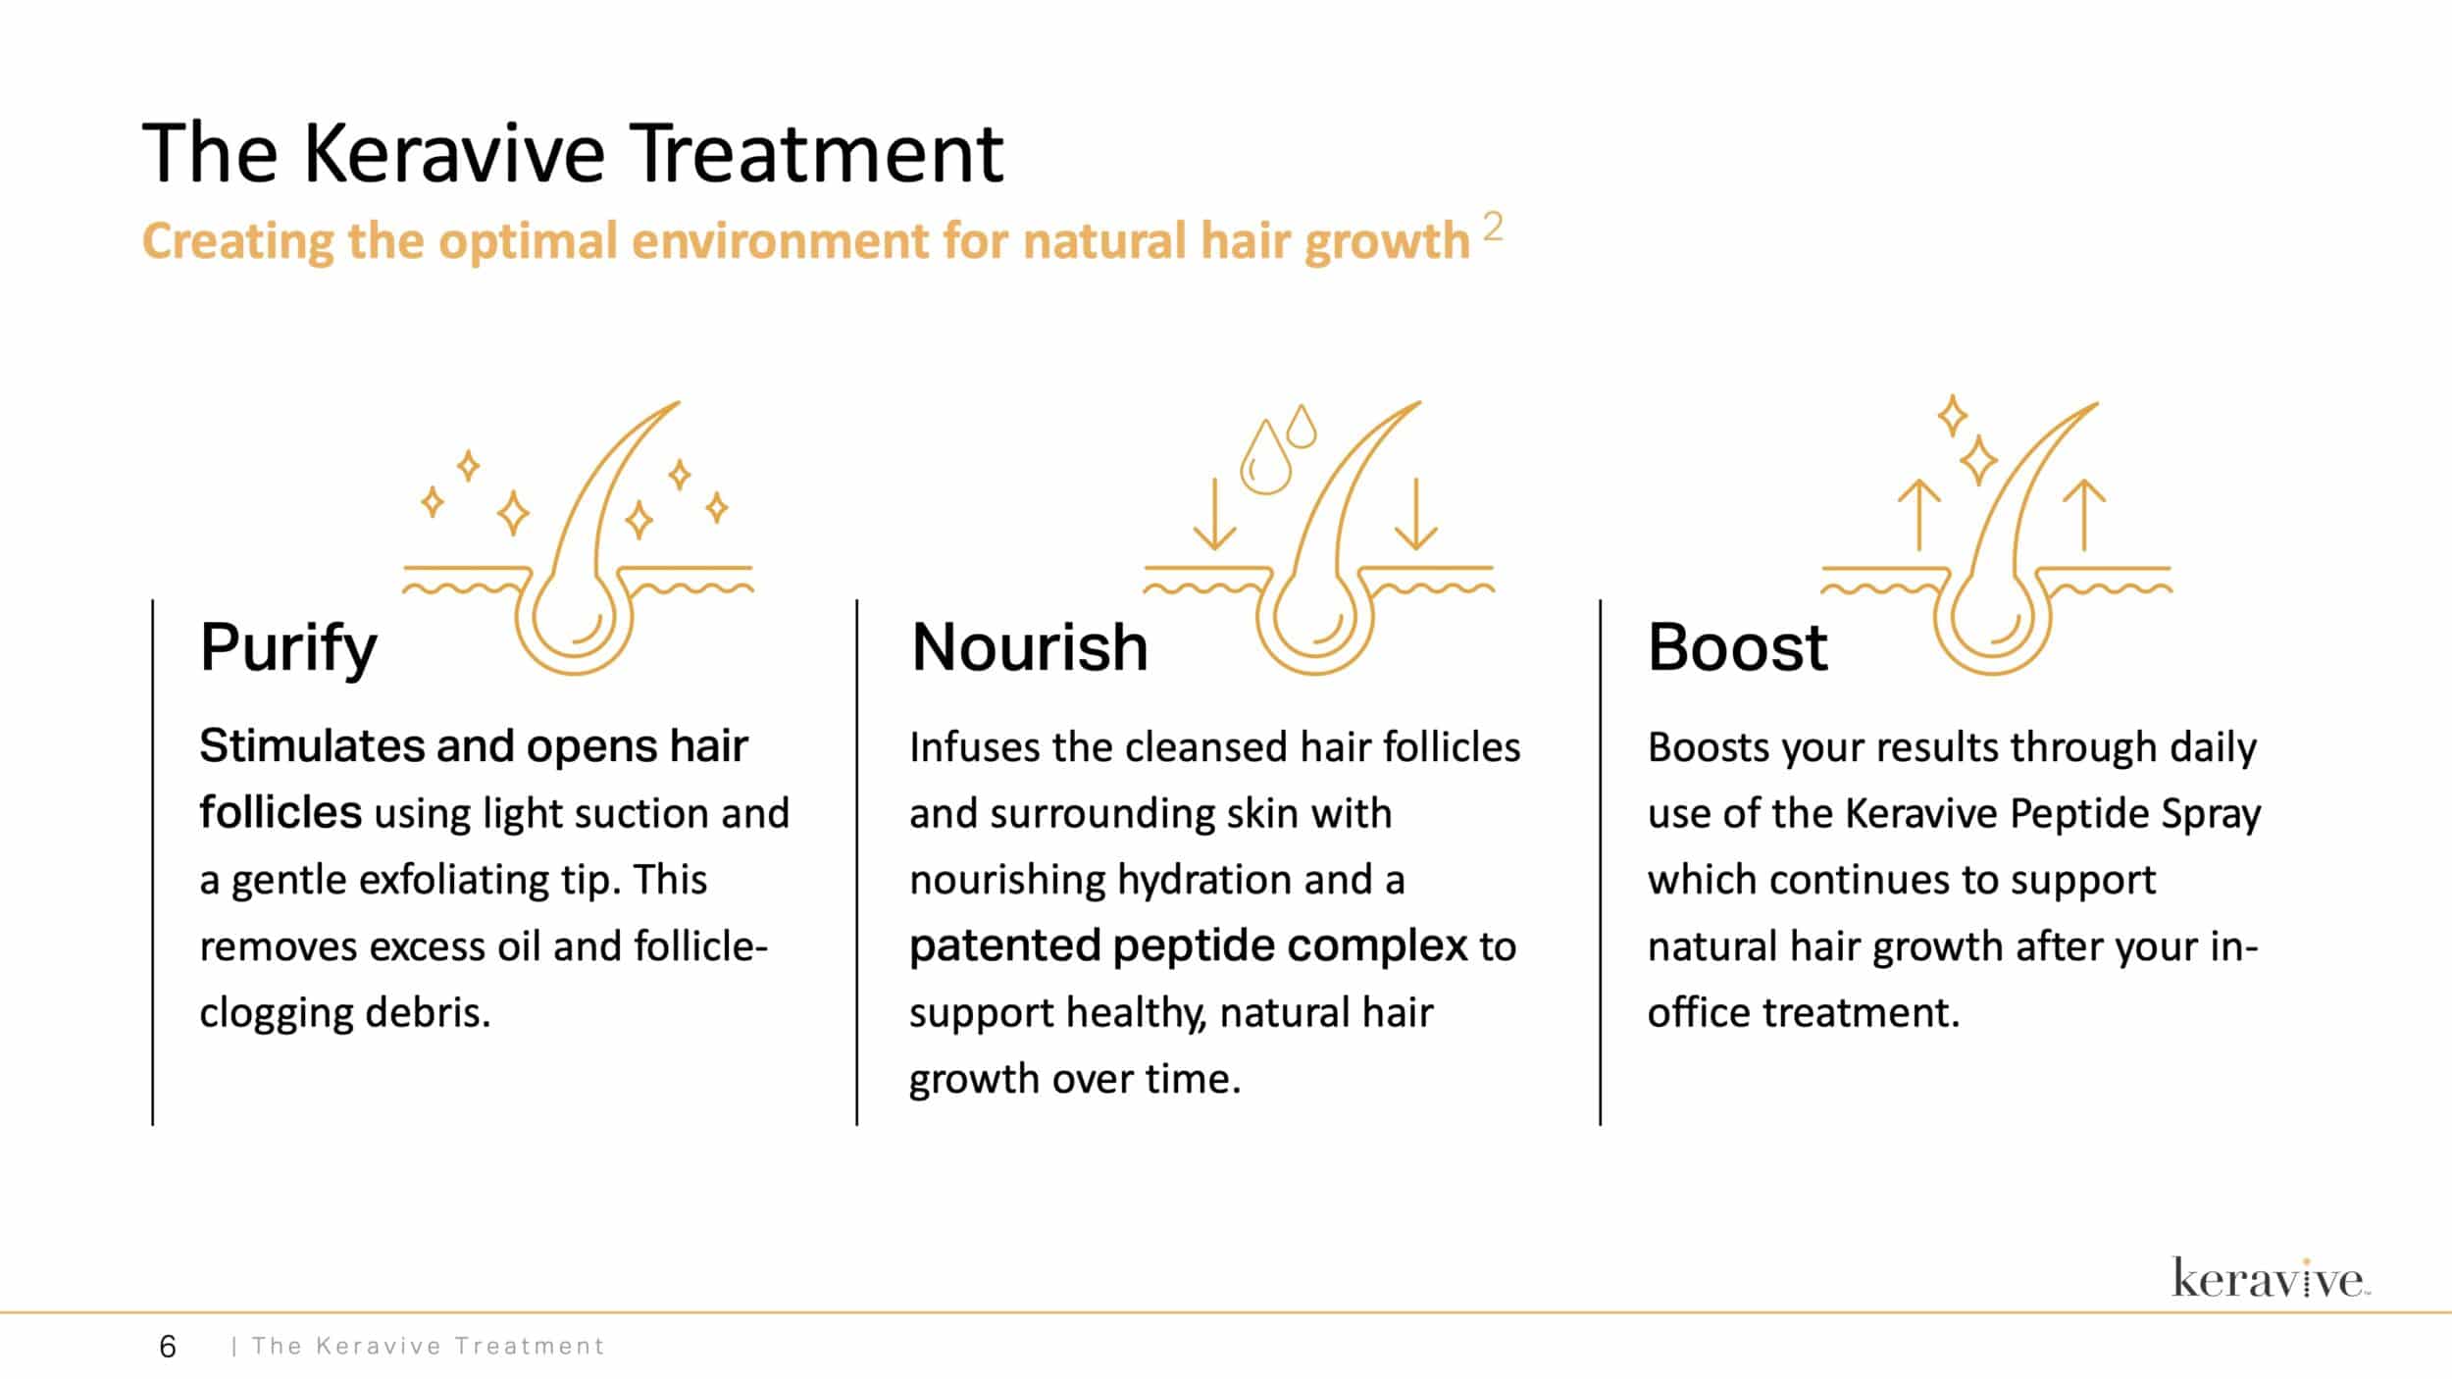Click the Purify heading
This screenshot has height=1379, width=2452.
click(288, 648)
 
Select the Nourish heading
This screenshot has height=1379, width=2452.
click(1030, 647)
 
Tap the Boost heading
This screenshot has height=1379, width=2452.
click(1737, 647)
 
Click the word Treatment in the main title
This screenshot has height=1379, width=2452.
click(816, 154)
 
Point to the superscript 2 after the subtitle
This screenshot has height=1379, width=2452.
click(1493, 228)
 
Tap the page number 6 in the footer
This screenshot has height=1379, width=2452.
click(168, 1347)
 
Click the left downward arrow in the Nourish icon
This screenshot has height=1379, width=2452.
click(1215, 514)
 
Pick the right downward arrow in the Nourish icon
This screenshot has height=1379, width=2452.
click(1415, 514)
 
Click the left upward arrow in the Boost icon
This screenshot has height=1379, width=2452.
click(1919, 515)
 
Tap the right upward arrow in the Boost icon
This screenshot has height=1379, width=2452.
click(2084, 515)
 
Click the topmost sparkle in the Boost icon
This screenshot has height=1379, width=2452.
click(1953, 416)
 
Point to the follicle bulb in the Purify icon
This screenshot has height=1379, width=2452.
click(574, 620)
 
